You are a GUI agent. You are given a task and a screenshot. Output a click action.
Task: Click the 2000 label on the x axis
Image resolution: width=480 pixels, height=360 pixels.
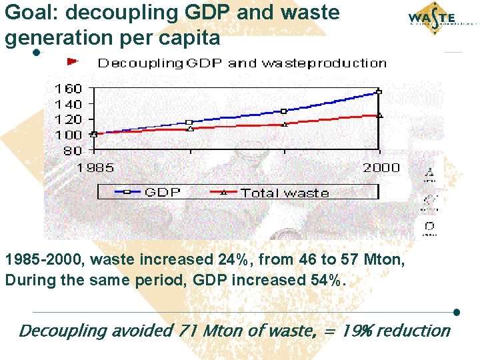pyautogui.click(x=381, y=167)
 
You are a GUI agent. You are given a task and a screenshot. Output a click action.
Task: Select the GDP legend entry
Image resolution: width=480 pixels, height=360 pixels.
pyautogui.click(x=150, y=192)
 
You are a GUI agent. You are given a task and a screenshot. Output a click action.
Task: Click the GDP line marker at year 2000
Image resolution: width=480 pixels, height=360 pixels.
pyautogui.click(x=379, y=92)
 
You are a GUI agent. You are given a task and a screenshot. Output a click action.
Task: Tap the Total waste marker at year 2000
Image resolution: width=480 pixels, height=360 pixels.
pyautogui.click(x=379, y=115)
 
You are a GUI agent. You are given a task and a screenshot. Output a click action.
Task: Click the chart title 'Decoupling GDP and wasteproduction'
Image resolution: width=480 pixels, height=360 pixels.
pyautogui.click(x=242, y=63)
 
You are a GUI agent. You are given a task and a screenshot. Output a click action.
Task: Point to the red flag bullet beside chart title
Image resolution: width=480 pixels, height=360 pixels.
pyautogui.click(x=73, y=61)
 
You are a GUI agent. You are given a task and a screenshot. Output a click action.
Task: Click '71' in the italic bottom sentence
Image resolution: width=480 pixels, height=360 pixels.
pyautogui.click(x=190, y=330)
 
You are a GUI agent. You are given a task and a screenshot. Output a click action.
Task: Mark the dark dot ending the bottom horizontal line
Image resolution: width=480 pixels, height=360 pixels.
pyautogui.click(x=457, y=312)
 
